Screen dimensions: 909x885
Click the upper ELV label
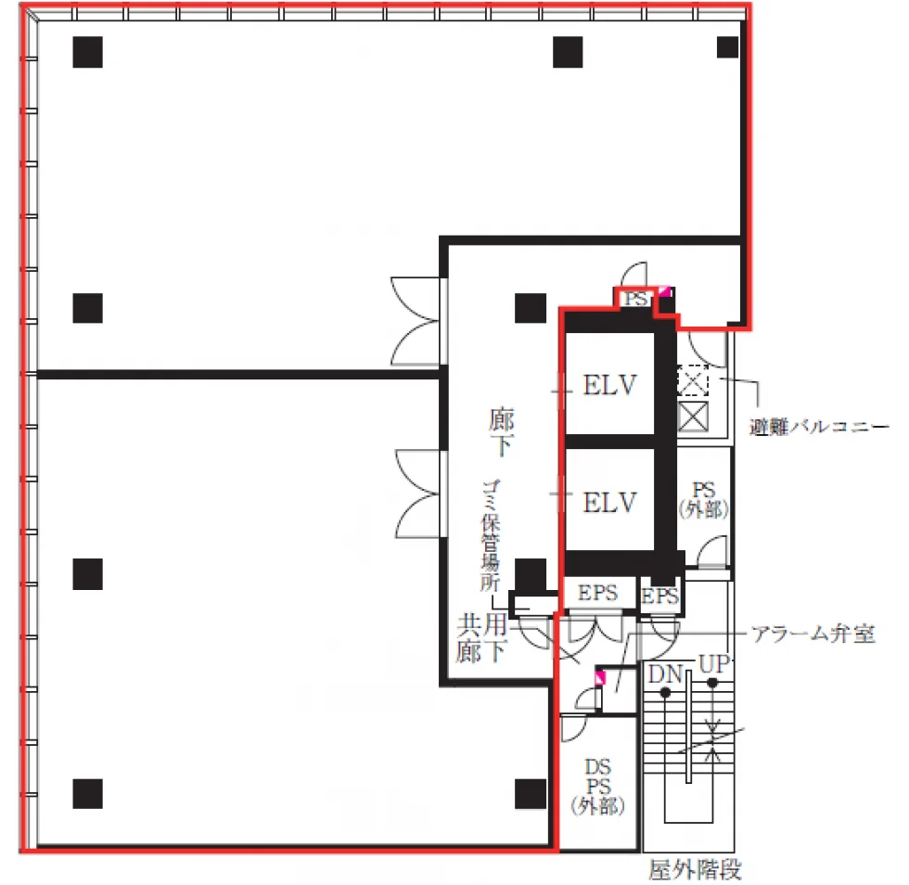pyautogui.click(x=610, y=385)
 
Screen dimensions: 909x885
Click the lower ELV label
pyautogui.click(x=610, y=502)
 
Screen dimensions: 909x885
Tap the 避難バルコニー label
pyautogui.click(x=818, y=428)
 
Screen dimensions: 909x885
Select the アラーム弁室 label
pyautogui.click(x=813, y=634)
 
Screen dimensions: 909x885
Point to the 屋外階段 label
pyautogui.click(x=695, y=869)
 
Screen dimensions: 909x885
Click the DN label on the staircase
pyautogui.click(x=666, y=674)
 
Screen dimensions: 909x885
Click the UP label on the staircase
pyautogui.click(x=713, y=664)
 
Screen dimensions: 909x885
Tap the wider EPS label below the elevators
pyautogui.click(x=597, y=593)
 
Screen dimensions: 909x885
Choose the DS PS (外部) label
pyautogui.click(x=597, y=787)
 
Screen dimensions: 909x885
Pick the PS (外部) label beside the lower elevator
pyautogui.click(x=703, y=500)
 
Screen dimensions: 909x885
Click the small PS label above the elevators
pyautogui.click(x=635, y=299)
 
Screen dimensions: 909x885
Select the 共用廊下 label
pyautogui.click(x=482, y=638)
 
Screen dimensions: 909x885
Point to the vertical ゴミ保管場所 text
pyautogui.click(x=491, y=535)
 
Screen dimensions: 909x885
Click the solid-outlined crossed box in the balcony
pyautogui.click(x=693, y=417)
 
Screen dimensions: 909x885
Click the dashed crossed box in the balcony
pyautogui.click(x=693, y=380)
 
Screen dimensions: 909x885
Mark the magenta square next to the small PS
pyautogui.click(x=664, y=291)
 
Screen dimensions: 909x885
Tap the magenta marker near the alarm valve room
pyautogui.click(x=600, y=677)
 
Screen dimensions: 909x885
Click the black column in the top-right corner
pyautogui.click(x=727, y=47)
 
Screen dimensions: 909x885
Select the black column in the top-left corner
pyautogui.click(x=87, y=52)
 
